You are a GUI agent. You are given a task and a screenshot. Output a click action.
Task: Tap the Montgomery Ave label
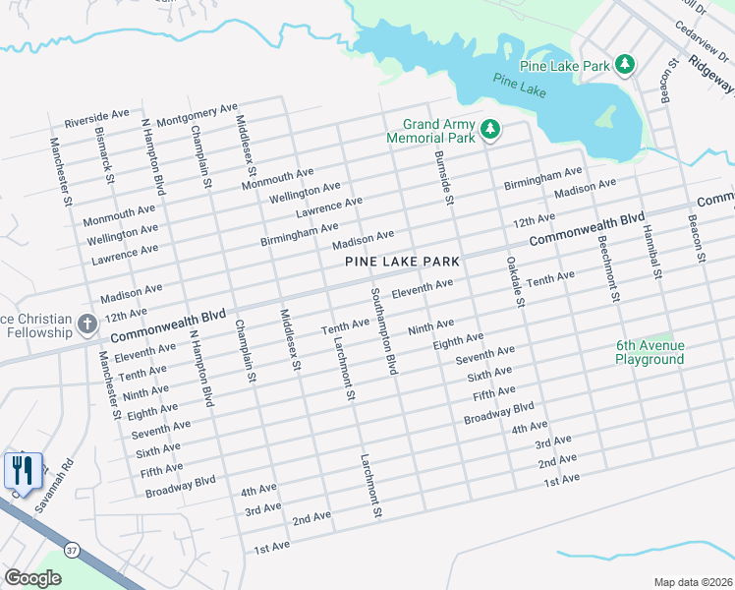point(198,113)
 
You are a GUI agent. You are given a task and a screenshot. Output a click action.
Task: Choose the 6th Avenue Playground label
point(650,352)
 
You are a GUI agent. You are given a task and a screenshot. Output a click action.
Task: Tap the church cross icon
point(86,324)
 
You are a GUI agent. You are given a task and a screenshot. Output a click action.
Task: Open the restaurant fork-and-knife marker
point(23,470)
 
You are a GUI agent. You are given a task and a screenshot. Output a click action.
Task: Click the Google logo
point(32,578)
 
